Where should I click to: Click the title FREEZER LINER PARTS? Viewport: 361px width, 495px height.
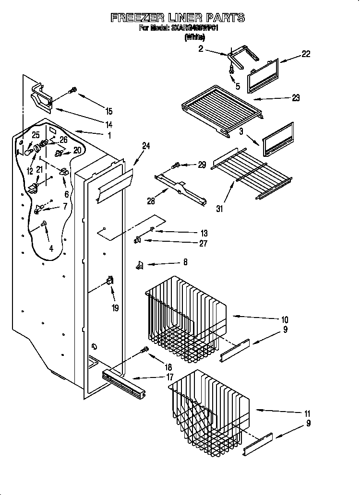178,18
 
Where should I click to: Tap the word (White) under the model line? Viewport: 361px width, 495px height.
194,37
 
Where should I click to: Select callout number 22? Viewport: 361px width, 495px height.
305,54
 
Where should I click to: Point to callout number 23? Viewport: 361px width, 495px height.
295,98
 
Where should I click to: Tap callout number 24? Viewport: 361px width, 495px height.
146,146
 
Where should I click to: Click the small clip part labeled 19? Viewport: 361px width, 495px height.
110,283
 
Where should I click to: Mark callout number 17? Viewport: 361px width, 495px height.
169,377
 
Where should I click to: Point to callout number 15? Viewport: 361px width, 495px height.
109,111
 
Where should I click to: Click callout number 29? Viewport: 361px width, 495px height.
202,165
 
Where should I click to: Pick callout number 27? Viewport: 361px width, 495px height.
203,243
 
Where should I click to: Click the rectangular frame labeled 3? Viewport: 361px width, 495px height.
278,139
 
